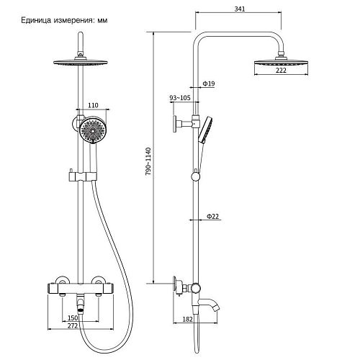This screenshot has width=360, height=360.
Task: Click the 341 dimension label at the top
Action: [x=240, y=9]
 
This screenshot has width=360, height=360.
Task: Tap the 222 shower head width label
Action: [x=281, y=71]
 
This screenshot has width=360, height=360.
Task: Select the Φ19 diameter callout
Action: [x=208, y=84]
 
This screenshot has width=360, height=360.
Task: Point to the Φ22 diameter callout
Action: [x=212, y=216]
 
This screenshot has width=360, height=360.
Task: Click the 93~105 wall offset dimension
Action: [x=180, y=98]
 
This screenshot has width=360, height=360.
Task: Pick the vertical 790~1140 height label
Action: [x=148, y=161]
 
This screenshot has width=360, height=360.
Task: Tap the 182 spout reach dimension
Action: [x=187, y=320]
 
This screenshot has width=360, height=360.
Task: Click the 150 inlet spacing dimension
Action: [x=73, y=318]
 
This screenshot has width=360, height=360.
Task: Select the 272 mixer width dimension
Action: [x=73, y=325]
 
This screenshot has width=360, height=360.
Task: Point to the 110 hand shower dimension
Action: [x=93, y=105]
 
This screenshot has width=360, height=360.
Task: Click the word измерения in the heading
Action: [x=73, y=20]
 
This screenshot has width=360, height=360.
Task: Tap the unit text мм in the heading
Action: [x=102, y=21]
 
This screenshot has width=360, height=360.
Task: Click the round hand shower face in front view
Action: [x=93, y=130]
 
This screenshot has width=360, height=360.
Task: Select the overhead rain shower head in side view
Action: [x=281, y=63]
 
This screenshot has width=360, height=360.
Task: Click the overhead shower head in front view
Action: [x=81, y=62]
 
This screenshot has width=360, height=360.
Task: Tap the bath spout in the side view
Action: [x=209, y=304]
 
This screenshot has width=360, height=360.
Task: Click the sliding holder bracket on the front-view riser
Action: [x=83, y=176]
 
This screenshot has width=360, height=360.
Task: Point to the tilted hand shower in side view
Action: [x=205, y=130]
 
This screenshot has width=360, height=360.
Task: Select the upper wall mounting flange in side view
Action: [x=175, y=124]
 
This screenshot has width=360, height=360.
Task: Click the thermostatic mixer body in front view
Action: [x=81, y=288]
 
